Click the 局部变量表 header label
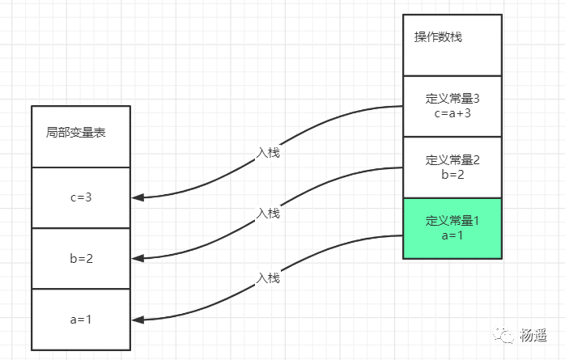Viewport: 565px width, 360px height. pos(76,133)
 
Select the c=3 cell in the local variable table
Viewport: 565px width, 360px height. pos(81,197)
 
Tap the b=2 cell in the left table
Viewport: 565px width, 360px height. pos(81,259)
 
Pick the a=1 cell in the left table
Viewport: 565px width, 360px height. pos(81,320)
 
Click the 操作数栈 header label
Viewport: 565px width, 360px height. pos(438,37)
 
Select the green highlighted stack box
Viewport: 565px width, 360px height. pos(452,228)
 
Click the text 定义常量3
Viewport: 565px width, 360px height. pos(452,99)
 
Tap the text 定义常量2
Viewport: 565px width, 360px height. pos(452,159)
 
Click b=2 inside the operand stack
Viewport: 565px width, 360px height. pos(452,173)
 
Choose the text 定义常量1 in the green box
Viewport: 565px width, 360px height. pos(452,221)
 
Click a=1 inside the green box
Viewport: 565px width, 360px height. pos(452,235)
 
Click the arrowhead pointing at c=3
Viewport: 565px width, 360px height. pos(137,197)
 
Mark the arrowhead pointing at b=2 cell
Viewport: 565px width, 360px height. pos(137,259)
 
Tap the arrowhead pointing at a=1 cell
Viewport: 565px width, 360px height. pos(137,320)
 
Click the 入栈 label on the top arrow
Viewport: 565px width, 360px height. pos(268,152)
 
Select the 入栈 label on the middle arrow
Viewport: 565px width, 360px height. pos(268,214)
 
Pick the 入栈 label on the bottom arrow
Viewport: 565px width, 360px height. pos(268,277)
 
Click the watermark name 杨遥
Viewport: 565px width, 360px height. pos(533,335)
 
